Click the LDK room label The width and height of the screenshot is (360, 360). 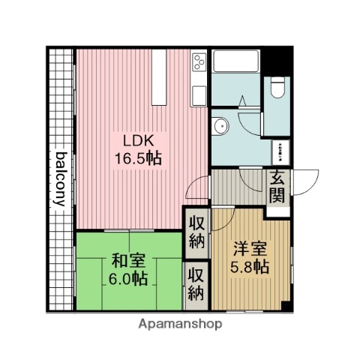click(135, 140)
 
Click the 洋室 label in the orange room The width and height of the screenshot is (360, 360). click(247, 248)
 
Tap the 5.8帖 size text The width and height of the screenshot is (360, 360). click(247, 266)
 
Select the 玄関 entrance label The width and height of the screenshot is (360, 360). click(276, 188)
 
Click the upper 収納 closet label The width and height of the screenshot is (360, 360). click(196, 232)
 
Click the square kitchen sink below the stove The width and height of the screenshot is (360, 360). click(199, 94)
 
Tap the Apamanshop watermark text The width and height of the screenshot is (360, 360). click(180, 325)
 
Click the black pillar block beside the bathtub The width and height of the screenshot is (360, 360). click(279, 58)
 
